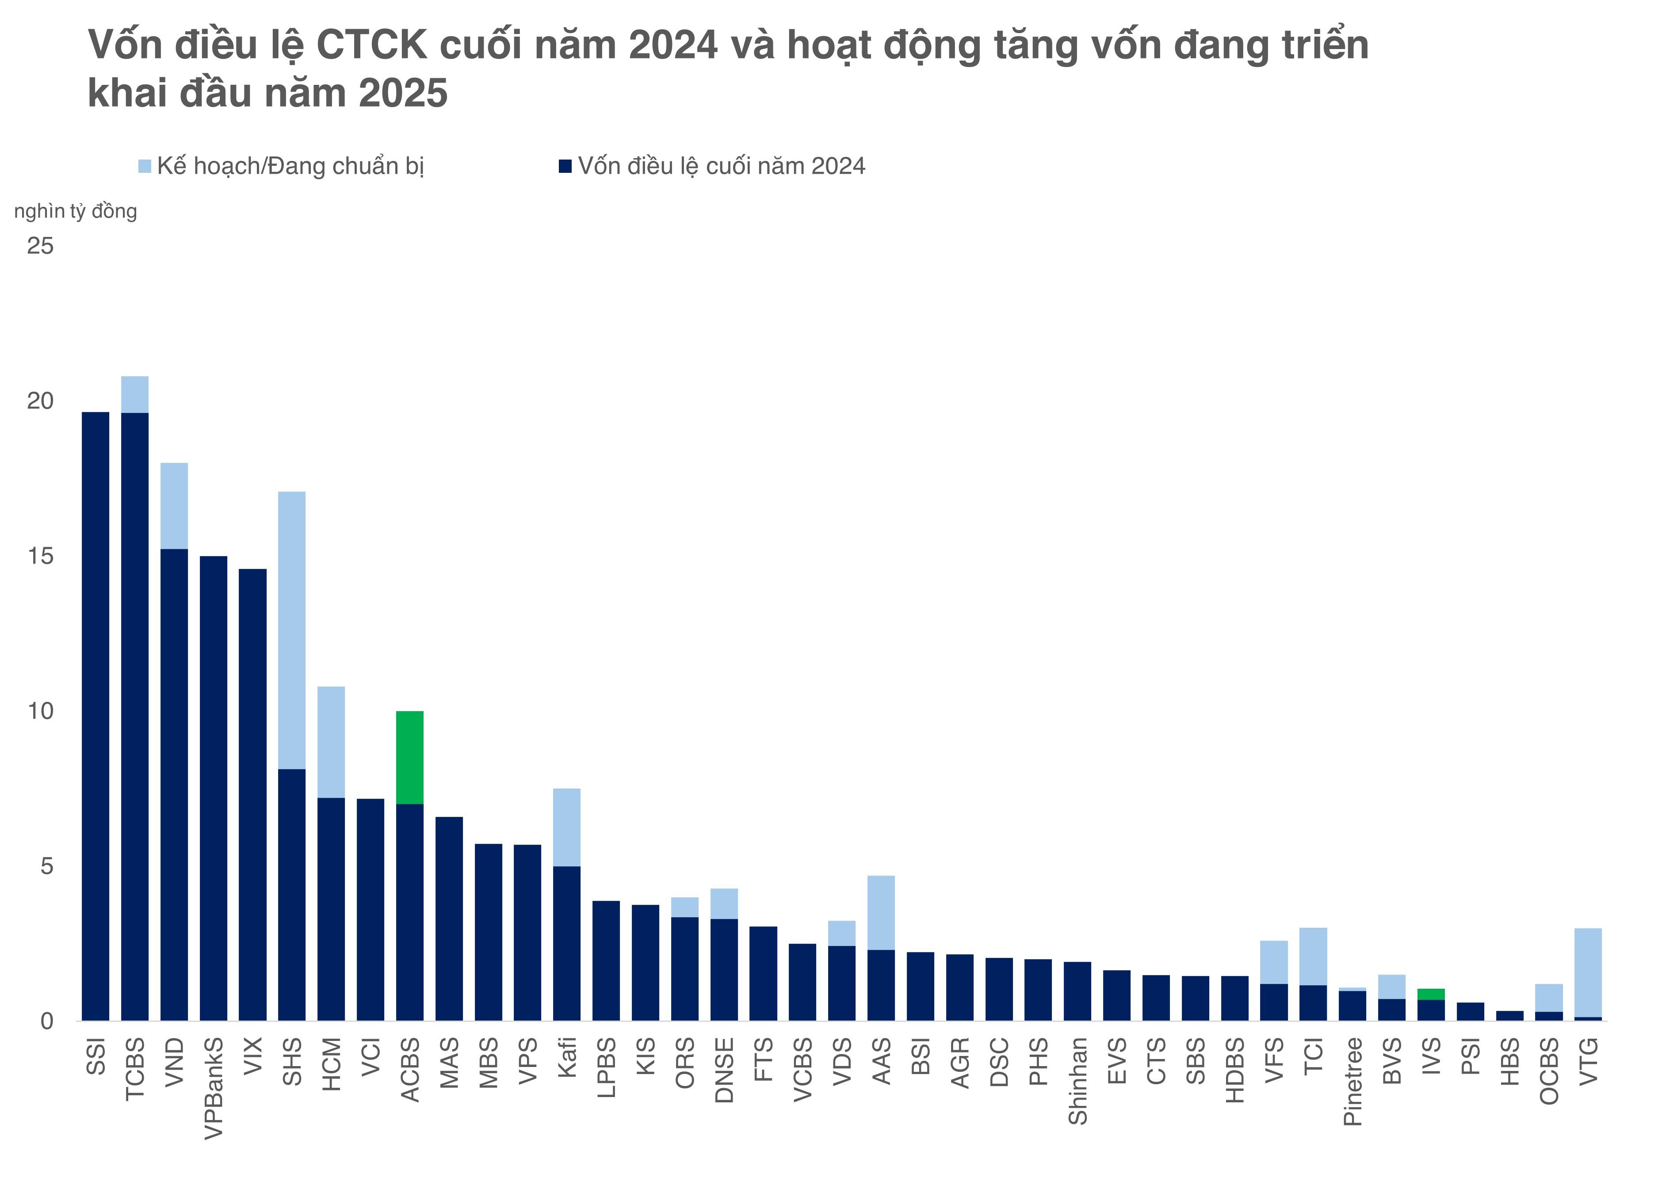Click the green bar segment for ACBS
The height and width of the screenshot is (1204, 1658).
(409, 757)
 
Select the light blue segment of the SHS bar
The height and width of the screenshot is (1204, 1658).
(292, 630)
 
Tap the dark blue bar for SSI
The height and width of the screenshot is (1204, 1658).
(95, 716)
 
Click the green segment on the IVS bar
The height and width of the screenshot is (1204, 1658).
(1431, 994)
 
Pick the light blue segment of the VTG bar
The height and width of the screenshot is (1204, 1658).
(1588, 972)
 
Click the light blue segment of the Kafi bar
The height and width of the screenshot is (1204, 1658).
(566, 827)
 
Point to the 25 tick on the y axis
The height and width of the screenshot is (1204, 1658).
(40, 246)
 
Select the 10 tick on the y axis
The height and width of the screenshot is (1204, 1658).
(40, 711)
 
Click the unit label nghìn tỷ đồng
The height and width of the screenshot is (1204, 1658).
(75, 211)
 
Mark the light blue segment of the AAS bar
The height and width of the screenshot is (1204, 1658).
(881, 912)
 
